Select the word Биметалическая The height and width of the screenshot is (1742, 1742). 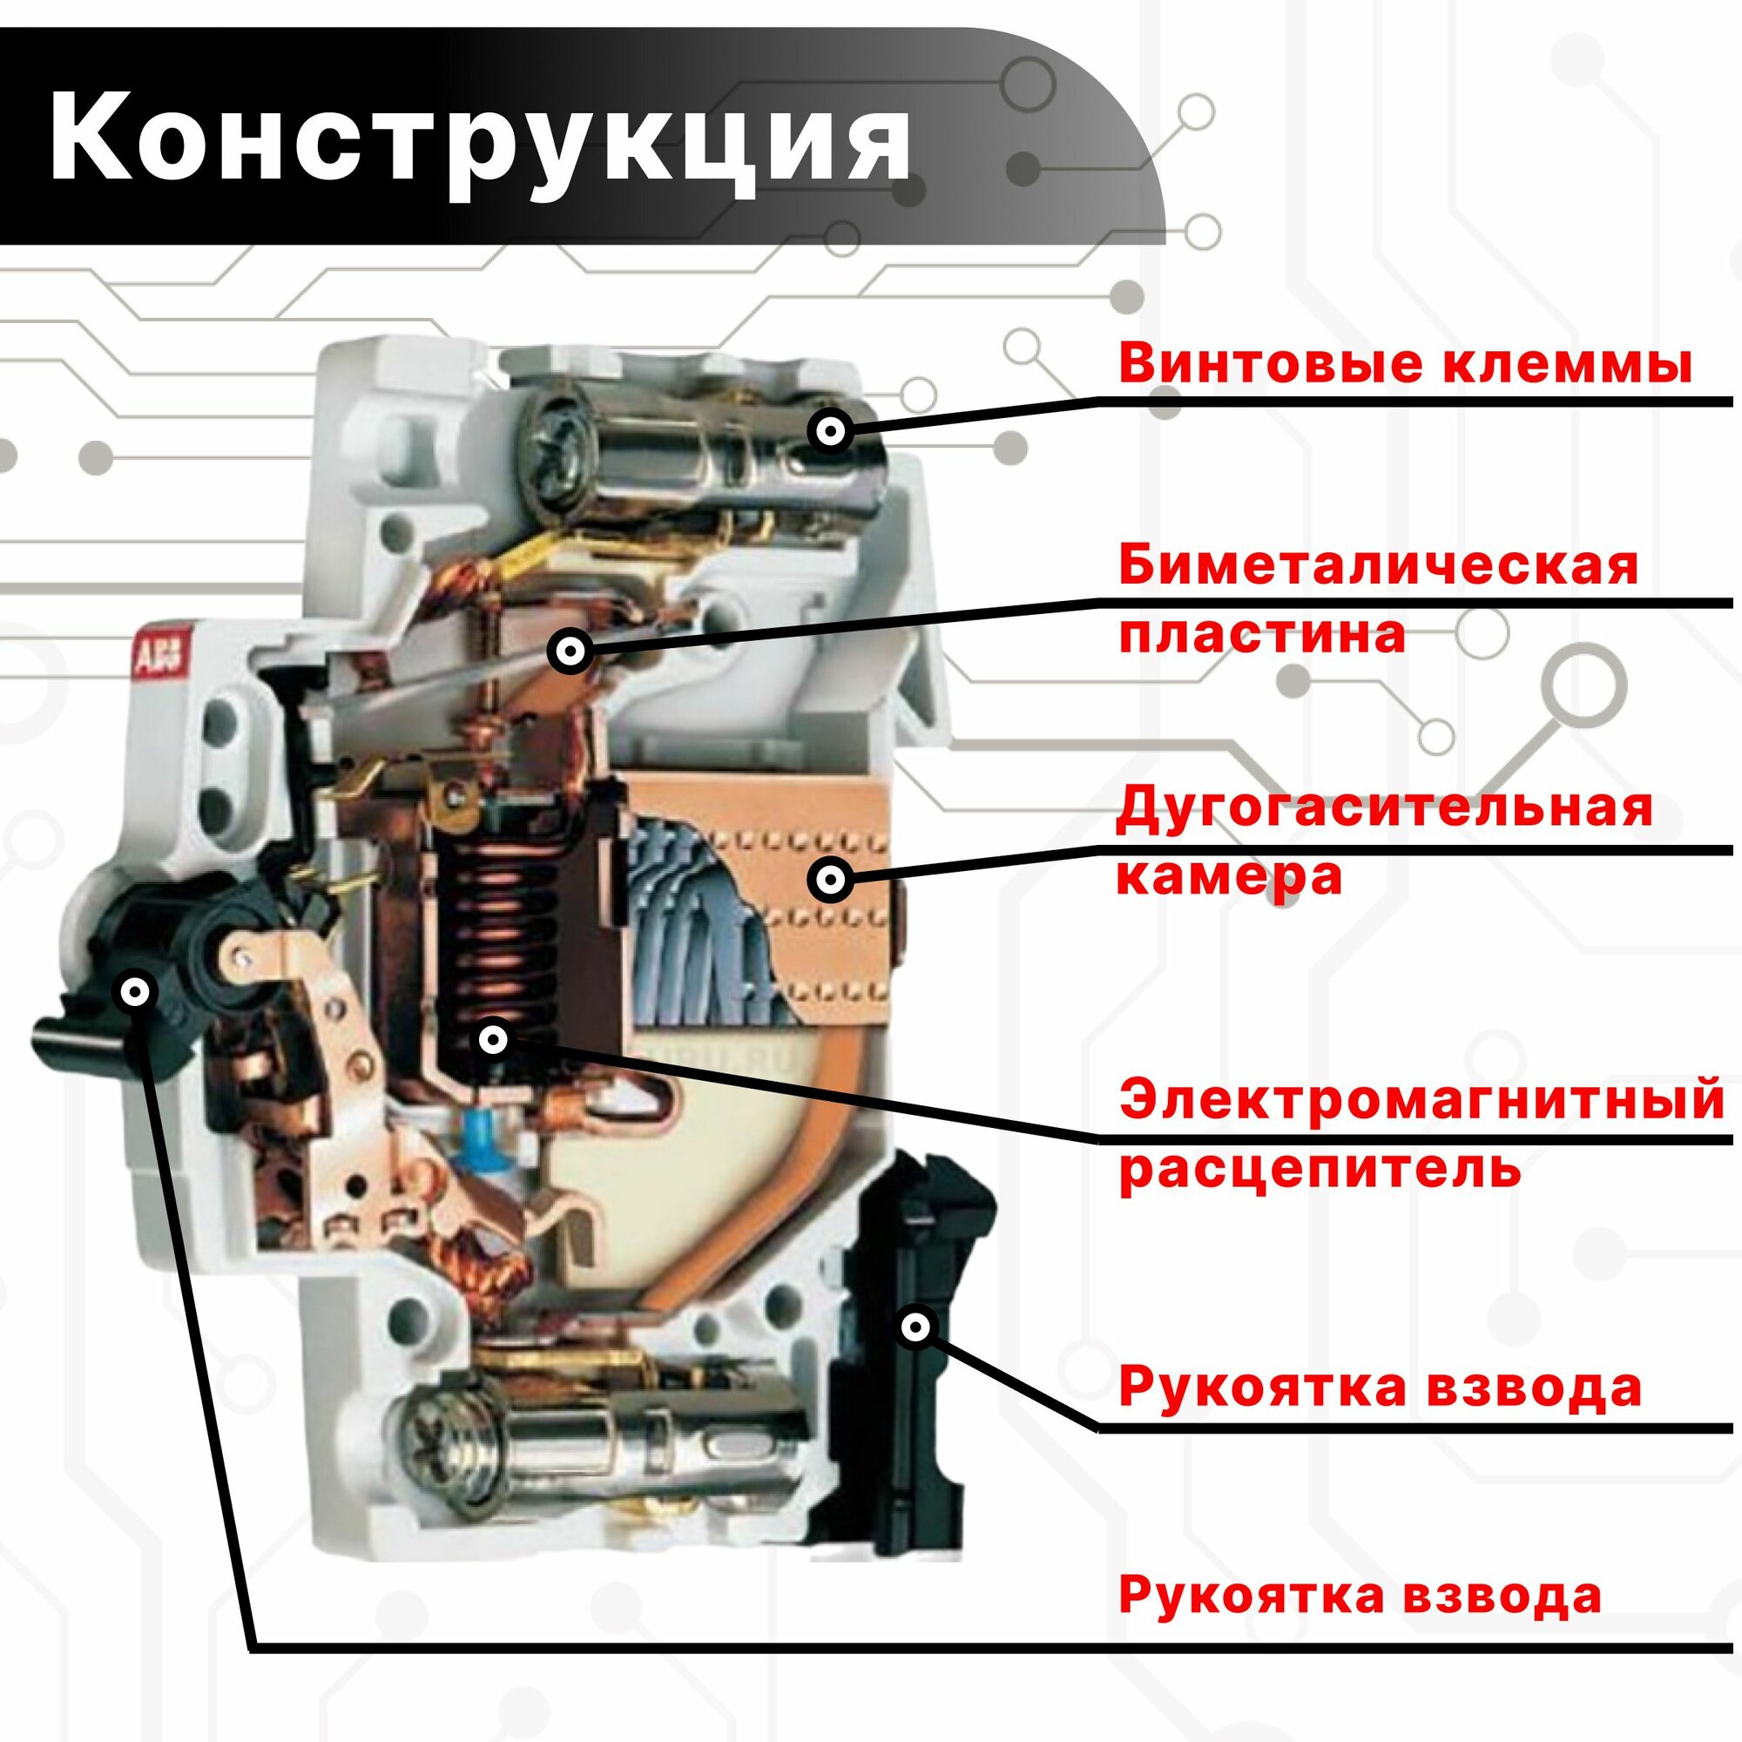point(1378,566)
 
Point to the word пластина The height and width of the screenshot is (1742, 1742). point(1262,634)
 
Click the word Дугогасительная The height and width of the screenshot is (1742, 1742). point(1385,808)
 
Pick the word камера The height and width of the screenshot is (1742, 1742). point(1230,875)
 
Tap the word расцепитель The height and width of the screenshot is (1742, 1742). point(1322,1170)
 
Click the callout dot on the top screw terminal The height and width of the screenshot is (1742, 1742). point(830,432)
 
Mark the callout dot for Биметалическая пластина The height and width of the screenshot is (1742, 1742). point(571,650)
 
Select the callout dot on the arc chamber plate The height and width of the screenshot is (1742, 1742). point(830,878)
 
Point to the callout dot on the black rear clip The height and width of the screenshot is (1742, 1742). point(916,1327)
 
